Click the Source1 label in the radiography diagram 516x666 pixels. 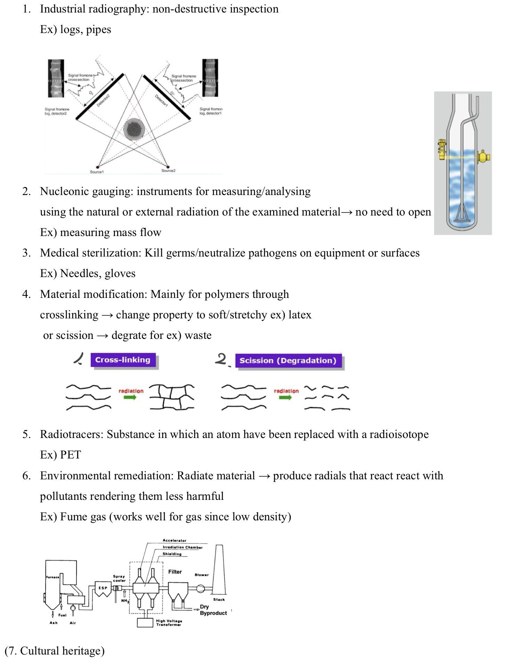click(96, 172)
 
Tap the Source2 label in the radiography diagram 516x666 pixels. click(168, 171)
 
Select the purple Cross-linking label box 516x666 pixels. click(123, 360)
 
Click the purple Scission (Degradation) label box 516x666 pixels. click(288, 360)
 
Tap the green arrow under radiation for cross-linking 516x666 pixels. click(130, 398)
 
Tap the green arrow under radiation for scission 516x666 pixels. click(286, 398)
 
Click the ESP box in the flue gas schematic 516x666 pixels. click(103, 588)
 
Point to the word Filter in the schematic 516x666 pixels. click(175, 572)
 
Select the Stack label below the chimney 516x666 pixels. click(219, 600)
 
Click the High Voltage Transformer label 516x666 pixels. click(169, 623)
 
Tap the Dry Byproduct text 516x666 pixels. click(213, 610)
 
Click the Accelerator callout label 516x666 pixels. click(174, 541)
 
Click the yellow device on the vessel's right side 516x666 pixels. click(483, 157)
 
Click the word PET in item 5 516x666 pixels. click(71, 455)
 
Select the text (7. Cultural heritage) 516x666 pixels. click(55, 651)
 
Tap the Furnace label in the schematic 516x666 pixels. click(52, 577)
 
